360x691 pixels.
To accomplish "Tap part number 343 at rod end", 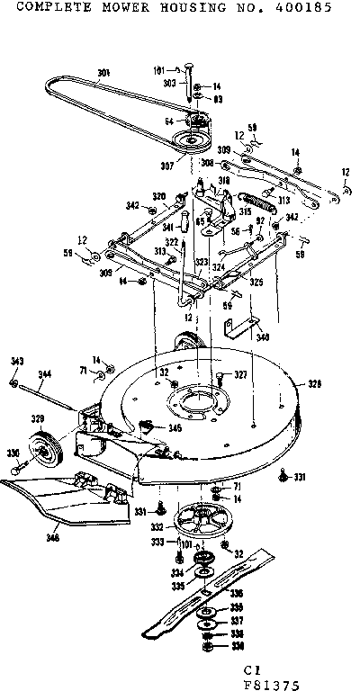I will (14, 361).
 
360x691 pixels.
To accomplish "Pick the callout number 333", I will (157, 543).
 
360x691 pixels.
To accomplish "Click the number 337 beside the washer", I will (235, 620).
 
